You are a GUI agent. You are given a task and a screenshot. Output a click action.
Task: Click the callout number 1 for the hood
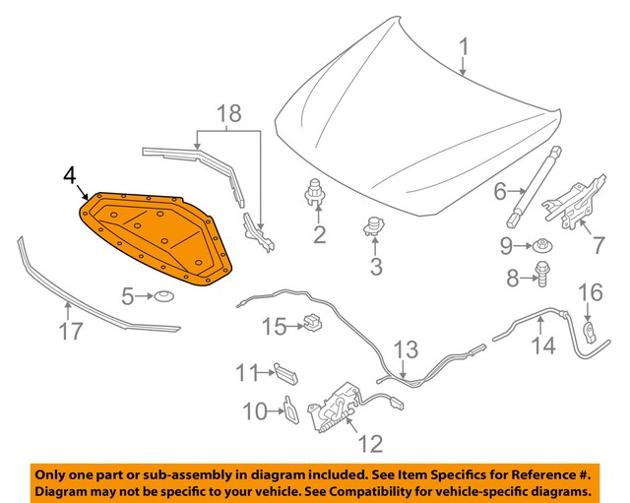pos(464,45)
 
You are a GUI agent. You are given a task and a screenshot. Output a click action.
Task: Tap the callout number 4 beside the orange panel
pos(69,175)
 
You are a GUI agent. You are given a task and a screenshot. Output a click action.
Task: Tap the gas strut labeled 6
pos(536,188)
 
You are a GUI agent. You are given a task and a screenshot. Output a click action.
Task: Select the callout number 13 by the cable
pos(406,349)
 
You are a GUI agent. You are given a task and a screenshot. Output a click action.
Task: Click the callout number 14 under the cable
pos(543,346)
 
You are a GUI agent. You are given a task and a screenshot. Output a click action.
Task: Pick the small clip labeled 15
pos(314,322)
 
